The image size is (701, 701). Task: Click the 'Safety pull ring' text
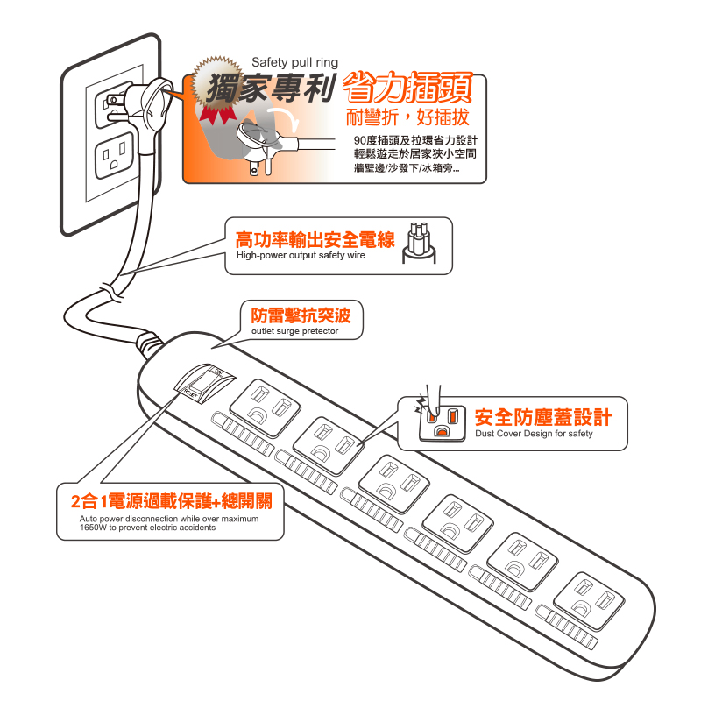294,62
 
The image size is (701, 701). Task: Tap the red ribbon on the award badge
217,115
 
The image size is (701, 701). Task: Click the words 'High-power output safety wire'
301,255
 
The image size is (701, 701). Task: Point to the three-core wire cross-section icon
419,243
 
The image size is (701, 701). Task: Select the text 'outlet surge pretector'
294,331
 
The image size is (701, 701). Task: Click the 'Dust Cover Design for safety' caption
534,434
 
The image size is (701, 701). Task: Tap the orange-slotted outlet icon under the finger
442,422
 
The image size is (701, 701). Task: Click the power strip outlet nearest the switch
265,407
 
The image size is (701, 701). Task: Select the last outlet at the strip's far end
589,600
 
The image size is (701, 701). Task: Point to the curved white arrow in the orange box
287,119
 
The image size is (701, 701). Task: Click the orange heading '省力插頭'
407,88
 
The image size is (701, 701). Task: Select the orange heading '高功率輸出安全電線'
315,240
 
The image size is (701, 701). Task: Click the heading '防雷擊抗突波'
301,315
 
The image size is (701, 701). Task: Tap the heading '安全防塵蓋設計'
543,417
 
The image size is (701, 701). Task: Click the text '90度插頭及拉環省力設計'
415,140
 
